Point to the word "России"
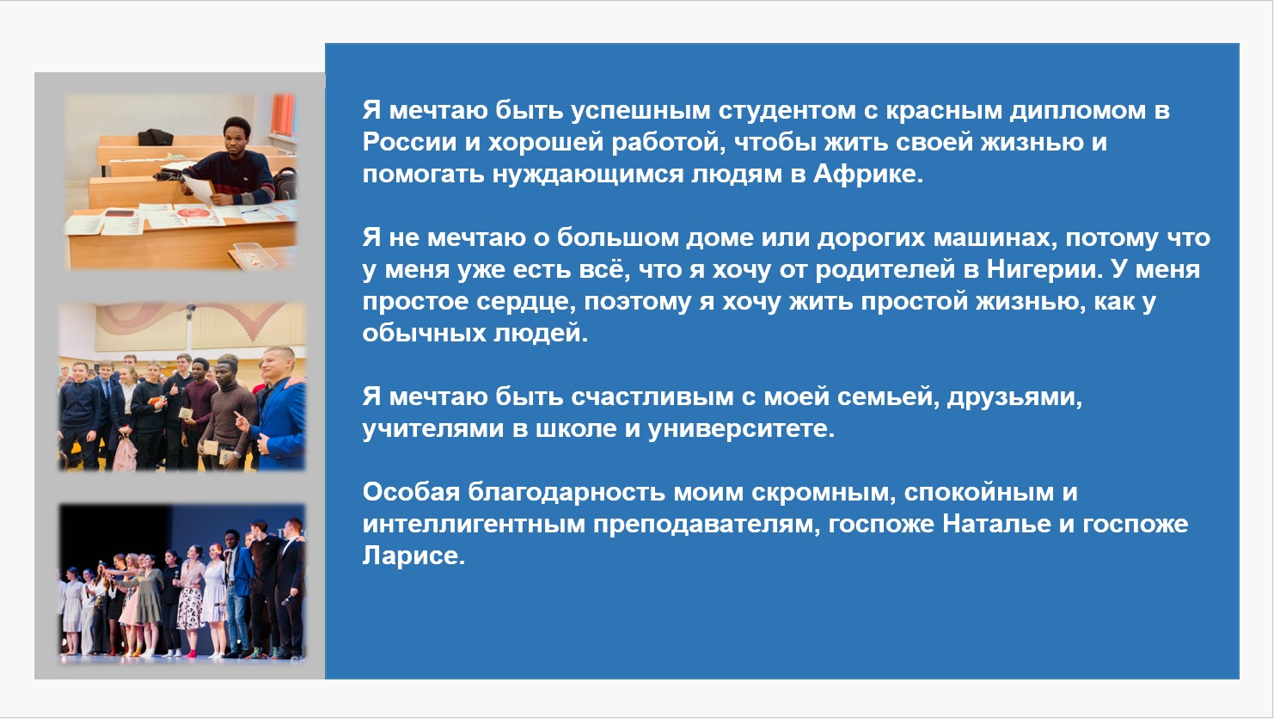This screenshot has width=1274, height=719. [409, 142]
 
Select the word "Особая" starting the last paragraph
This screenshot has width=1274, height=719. [411, 491]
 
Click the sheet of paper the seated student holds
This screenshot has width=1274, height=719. [198, 187]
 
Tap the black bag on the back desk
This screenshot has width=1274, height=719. [156, 137]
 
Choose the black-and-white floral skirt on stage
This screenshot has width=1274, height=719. [190, 608]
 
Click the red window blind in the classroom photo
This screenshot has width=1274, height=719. [283, 114]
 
